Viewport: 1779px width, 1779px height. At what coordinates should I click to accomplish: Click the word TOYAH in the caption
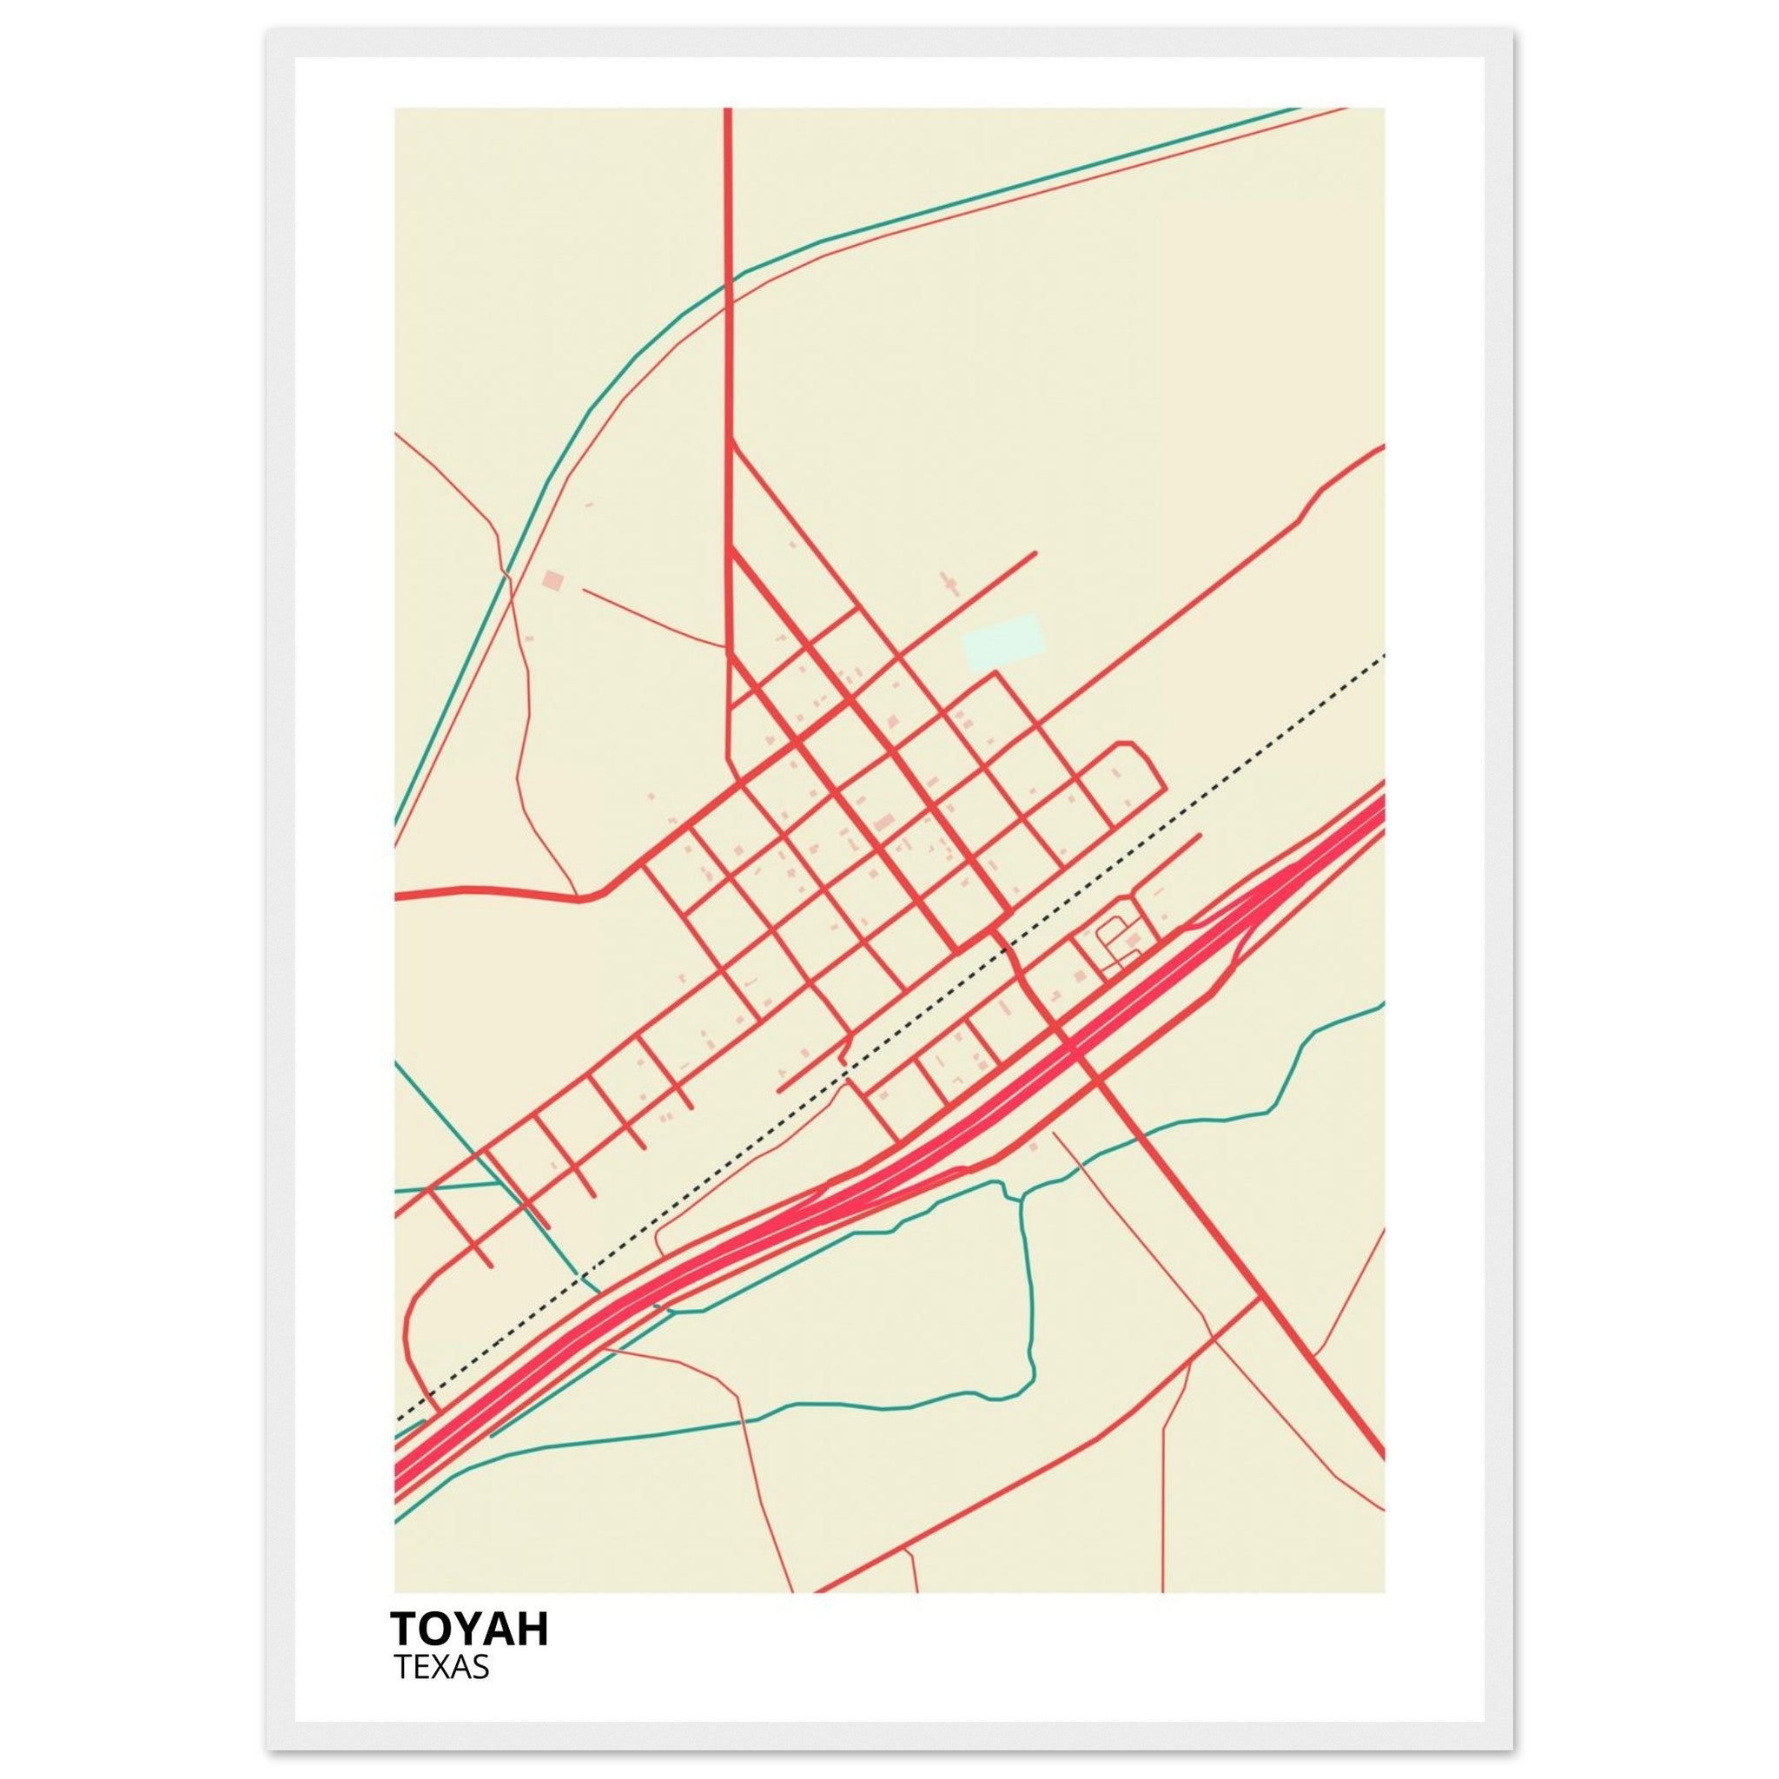[469, 1629]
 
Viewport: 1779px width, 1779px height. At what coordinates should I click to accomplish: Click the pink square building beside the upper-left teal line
[552, 580]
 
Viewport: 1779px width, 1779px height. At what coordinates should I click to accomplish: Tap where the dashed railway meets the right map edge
[1383, 657]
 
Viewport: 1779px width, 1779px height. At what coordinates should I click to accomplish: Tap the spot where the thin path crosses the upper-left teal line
[505, 573]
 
